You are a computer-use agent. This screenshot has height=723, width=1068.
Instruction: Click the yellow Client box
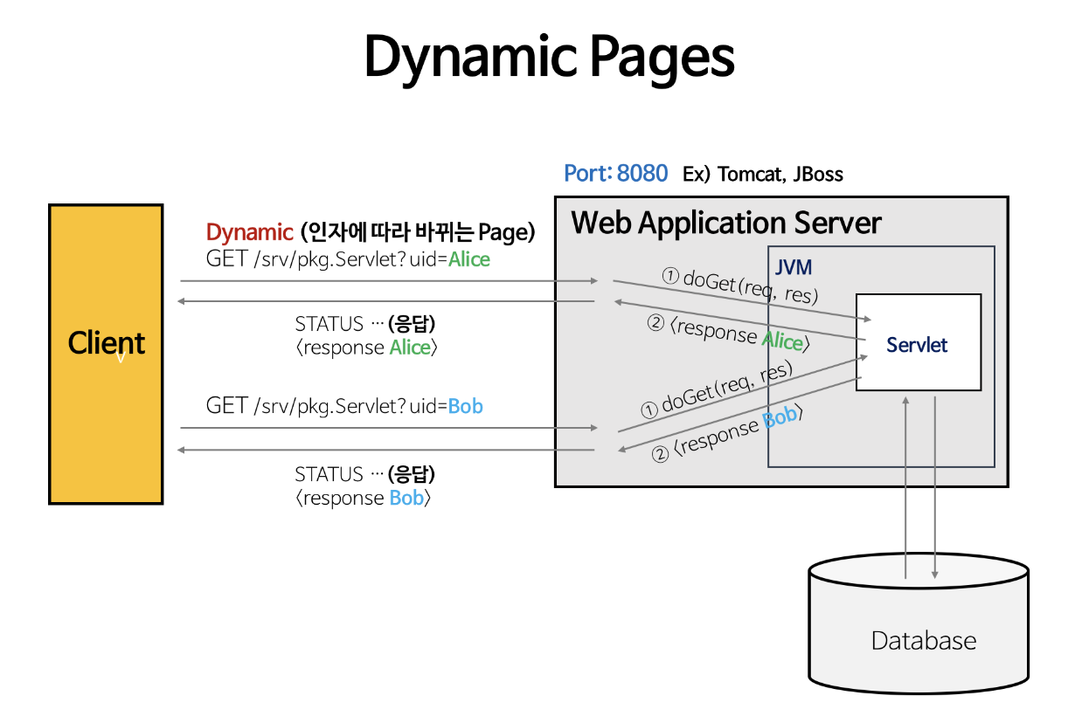pyautogui.click(x=106, y=354)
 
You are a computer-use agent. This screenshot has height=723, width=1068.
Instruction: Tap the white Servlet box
pyautogui.click(x=919, y=342)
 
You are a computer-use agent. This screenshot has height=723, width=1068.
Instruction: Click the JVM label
pyautogui.click(x=794, y=267)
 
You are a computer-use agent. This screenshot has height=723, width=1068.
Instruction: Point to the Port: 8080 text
pyautogui.click(x=615, y=173)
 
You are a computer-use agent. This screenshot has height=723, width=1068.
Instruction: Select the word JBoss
pyautogui.click(x=818, y=175)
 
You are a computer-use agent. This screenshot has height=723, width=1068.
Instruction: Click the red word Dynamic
pyautogui.click(x=249, y=233)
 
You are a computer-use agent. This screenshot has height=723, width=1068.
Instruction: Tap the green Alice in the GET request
pyautogui.click(x=469, y=259)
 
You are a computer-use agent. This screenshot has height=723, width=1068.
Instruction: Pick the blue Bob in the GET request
pyautogui.click(x=465, y=406)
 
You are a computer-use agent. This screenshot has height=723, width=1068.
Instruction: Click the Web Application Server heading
pyautogui.click(x=726, y=223)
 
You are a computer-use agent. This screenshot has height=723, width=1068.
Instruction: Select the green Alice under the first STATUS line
pyautogui.click(x=410, y=348)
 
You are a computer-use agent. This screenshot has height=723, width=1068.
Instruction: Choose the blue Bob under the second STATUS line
pyautogui.click(x=406, y=499)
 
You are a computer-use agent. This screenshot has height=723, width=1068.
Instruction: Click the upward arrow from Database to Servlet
pyautogui.click(x=905, y=488)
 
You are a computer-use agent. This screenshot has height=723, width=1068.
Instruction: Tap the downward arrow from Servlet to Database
pyautogui.click(x=935, y=488)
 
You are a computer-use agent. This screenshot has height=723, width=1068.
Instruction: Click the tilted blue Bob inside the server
pyautogui.click(x=780, y=417)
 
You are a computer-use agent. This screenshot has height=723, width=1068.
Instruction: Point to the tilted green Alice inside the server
pyautogui.click(x=782, y=341)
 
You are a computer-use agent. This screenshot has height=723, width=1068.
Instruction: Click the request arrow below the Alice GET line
pyautogui.click(x=389, y=281)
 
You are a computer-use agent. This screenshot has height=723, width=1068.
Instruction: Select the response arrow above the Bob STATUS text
pyautogui.click(x=385, y=450)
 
